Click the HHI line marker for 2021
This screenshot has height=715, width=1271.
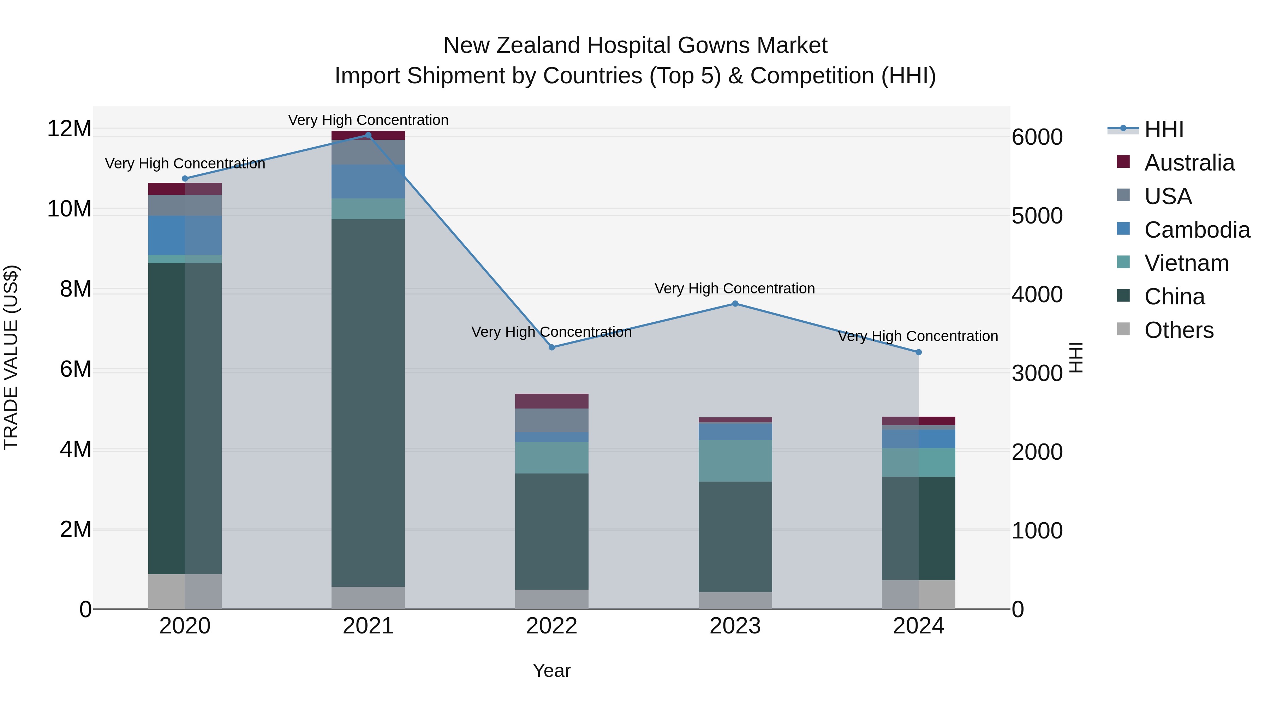coord(368,135)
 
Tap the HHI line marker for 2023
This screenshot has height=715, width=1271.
coord(735,304)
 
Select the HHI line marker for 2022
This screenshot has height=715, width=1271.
coord(551,347)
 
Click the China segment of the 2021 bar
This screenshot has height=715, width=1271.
coord(368,402)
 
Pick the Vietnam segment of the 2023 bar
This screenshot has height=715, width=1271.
coord(735,461)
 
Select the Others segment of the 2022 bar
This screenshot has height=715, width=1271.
coord(551,599)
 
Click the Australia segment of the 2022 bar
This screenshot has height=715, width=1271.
coord(551,401)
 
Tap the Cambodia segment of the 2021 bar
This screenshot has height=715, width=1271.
coord(368,181)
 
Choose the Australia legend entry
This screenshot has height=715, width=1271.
coord(1189,163)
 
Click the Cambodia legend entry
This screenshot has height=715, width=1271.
coord(1197,230)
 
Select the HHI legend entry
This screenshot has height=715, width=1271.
coord(1163,129)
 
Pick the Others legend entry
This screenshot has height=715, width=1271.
coord(1178,330)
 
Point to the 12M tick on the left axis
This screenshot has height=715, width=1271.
coord(69,129)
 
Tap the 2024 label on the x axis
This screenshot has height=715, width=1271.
coord(918,626)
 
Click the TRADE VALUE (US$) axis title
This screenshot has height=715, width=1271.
coord(11,357)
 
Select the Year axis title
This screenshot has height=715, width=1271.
coord(551,671)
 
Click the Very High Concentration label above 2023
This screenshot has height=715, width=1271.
coord(734,289)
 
